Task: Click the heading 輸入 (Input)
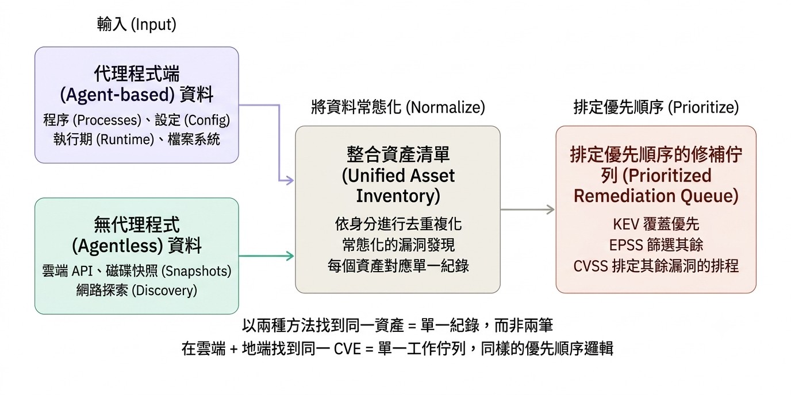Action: click(x=137, y=25)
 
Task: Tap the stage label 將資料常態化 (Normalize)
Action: click(x=398, y=107)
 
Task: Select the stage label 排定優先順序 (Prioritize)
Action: click(x=656, y=107)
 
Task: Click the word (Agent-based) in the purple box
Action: click(x=117, y=95)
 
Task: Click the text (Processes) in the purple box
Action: click(x=107, y=121)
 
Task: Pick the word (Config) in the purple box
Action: click(x=207, y=121)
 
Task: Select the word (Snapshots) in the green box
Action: click(x=197, y=271)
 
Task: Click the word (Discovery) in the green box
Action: click(x=164, y=291)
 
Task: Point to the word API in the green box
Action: click(x=82, y=271)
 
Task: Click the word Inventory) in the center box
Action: click(x=398, y=196)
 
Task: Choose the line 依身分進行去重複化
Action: click(x=398, y=224)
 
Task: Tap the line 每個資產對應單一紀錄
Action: click(x=398, y=266)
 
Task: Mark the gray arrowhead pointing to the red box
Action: click(x=550, y=210)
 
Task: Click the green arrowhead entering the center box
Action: click(x=290, y=255)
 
